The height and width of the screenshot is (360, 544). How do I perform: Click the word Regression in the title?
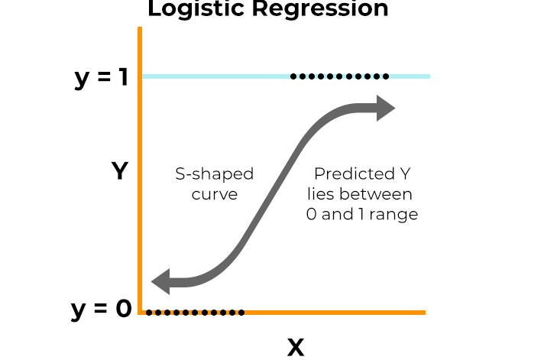click(316, 9)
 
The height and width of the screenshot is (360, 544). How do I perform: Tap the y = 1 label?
click(101, 79)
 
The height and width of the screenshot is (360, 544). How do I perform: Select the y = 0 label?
click(101, 310)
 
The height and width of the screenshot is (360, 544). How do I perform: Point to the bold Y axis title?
click(119, 171)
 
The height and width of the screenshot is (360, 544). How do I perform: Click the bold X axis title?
click(296, 348)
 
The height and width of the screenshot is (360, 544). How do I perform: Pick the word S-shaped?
click(215, 174)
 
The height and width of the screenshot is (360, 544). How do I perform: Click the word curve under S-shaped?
click(215, 194)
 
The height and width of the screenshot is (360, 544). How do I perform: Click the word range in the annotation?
click(393, 214)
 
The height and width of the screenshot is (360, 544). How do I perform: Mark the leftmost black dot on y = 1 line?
click(294, 76)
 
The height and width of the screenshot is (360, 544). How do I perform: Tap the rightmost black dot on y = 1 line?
click(386, 76)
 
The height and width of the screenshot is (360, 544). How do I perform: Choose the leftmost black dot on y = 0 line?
click(149, 312)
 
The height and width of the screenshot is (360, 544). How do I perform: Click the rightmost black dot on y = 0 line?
click(241, 312)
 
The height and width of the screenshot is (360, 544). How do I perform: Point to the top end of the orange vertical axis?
click(140, 29)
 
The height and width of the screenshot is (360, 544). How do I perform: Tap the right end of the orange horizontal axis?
click(423, 312)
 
